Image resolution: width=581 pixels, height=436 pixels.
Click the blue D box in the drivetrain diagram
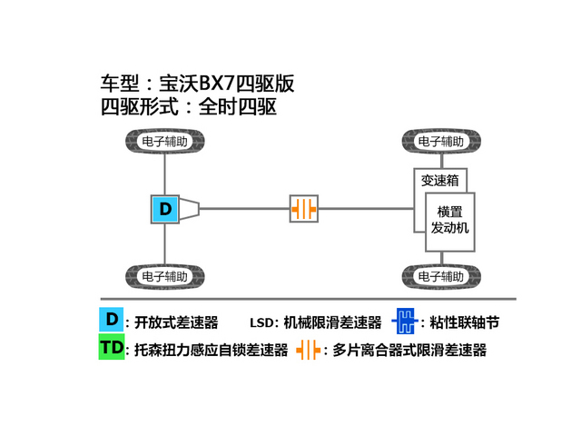click(x=165, y=209)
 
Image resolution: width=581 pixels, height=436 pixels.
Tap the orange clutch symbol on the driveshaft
click(x=304, y=209)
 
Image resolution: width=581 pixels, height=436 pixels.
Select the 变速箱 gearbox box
click(x=439, y=181)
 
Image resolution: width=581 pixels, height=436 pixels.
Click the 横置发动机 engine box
click(x=450, y=222)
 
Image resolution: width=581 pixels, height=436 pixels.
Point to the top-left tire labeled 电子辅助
click(x=165, y=142)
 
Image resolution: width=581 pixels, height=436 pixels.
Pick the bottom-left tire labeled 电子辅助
click(x=165, y=276)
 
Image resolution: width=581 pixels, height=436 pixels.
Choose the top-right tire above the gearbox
click(x=441, y=142)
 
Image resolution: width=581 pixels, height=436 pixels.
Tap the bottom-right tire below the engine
click(x=441, y=276)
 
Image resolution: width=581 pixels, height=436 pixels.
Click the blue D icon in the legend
click(x=111, y=319)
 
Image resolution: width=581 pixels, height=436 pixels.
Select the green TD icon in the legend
click(x=111, y=347)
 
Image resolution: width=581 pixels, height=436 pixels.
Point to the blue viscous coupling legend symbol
click(x=405, y=321)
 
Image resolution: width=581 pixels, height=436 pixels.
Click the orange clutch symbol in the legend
click(x=309, y=350)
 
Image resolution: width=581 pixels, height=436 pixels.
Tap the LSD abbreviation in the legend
click(x=261, y=323)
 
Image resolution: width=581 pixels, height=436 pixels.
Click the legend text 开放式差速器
click(x=176, y=322)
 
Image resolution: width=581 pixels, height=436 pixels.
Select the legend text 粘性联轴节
click(x=465, y=322)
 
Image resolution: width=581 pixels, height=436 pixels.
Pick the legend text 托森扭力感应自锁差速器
click(x=212, y=350)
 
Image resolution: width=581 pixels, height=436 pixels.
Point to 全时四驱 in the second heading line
click(x=238, y=107)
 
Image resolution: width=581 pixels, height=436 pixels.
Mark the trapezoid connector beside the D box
click(x=190, y=209)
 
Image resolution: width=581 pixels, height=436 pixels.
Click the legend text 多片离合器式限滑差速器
click(x=409, y=350)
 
